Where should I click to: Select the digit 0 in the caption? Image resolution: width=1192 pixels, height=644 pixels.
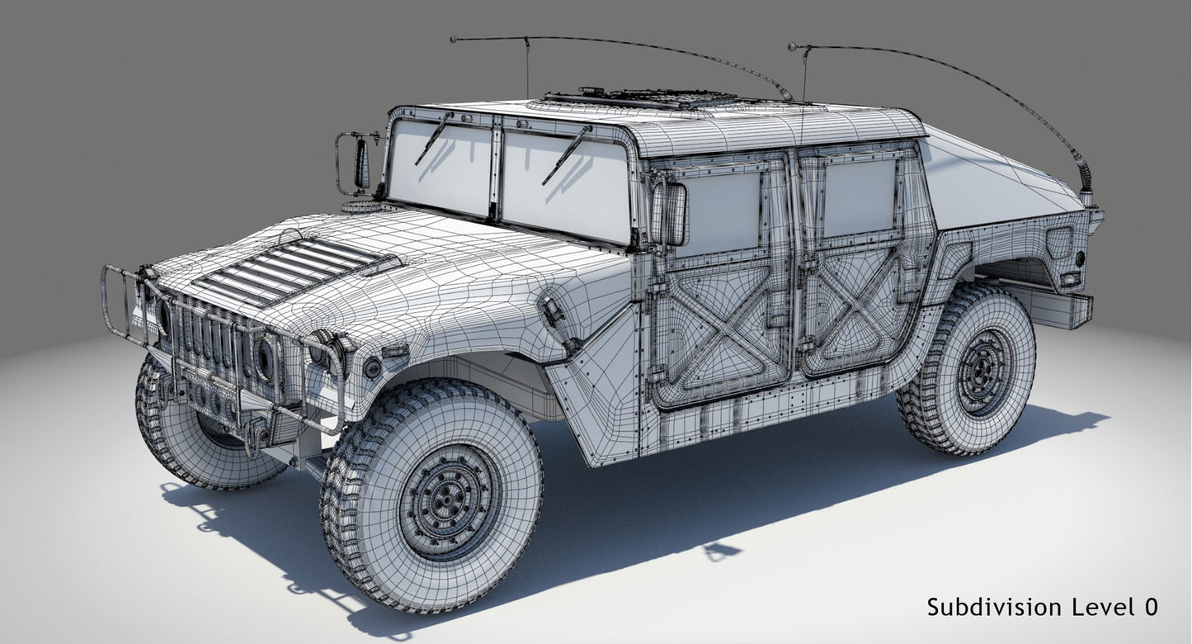1151,607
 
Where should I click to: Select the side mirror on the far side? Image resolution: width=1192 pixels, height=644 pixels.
360,163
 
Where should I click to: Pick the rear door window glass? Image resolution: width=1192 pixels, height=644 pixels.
858,197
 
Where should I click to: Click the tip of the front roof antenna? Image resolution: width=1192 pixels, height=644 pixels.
454,39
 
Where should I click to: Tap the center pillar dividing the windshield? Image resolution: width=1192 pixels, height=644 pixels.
496,169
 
